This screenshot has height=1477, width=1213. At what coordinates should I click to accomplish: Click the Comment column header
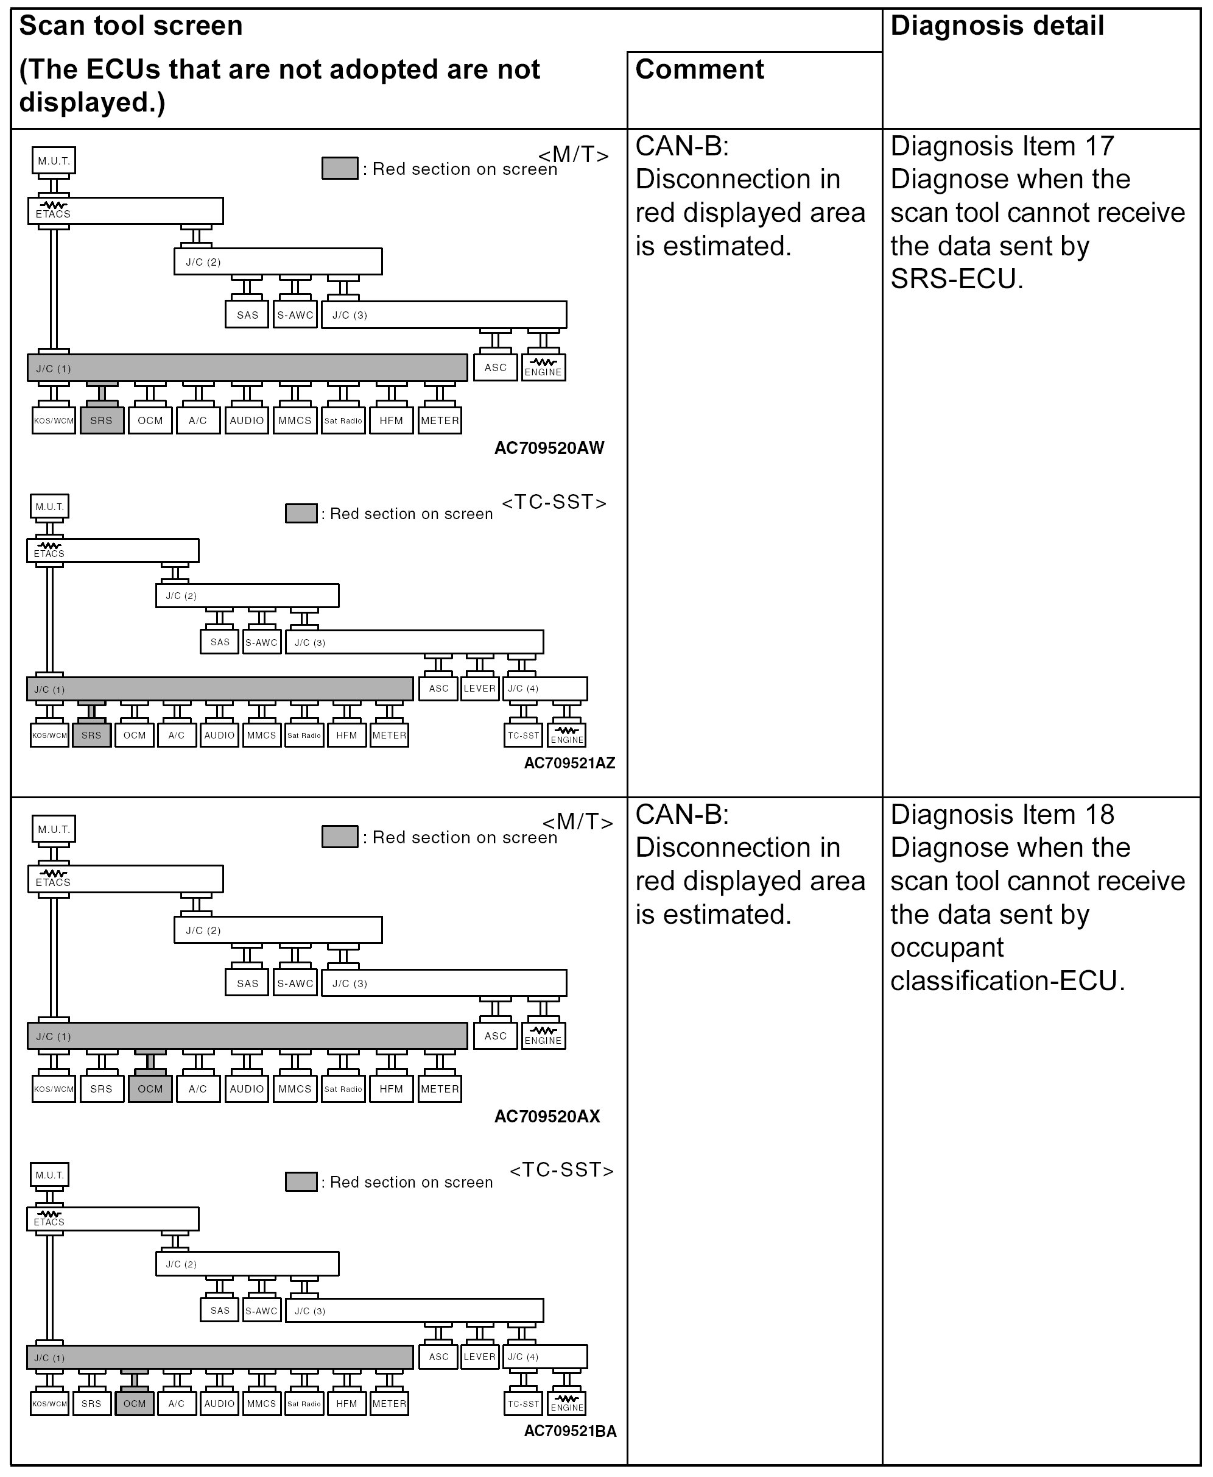click(x=700, y=70)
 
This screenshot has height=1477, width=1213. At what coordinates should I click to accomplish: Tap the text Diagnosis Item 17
click(x=1002, y=147)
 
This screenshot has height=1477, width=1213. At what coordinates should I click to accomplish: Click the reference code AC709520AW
click(x=549, y=448)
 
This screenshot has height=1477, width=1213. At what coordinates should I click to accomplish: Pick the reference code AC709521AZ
click(x=569, y=763)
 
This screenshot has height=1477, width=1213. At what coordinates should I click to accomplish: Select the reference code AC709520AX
click(x=547, y=1116)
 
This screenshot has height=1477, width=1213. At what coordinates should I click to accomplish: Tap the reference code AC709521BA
click(x=570, y=1431)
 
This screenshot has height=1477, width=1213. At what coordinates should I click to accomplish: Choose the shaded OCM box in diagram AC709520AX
click(x=150, y=1089)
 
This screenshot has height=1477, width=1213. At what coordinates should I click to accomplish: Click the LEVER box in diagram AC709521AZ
click(x=479, y=689)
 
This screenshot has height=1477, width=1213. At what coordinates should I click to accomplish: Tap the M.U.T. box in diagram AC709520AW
click(x=54, y=161)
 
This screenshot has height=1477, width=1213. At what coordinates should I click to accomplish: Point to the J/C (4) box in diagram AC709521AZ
click(x=545, y=689)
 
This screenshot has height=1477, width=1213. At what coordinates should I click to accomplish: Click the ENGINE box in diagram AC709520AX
click(x=543, y=1036)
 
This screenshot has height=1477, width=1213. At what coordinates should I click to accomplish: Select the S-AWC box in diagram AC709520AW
click(x=295, y=315)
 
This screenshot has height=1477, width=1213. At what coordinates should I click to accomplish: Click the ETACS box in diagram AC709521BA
click(x=113, y=1219)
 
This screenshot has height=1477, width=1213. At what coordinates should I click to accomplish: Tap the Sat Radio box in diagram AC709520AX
click(x=343, y=1089)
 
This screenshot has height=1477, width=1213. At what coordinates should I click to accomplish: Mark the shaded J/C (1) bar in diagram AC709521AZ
click(x=219, y=689)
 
